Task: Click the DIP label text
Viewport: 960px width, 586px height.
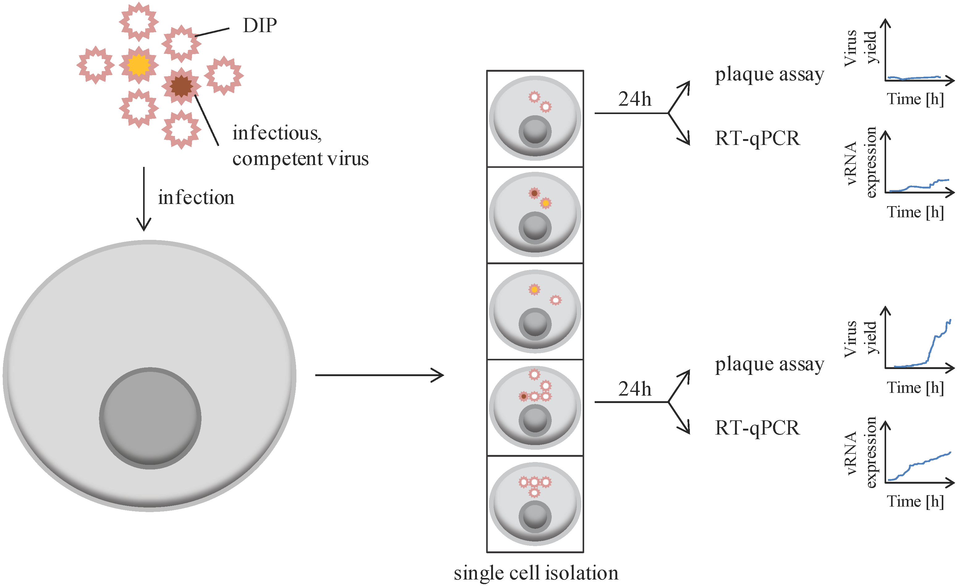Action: [260, 26]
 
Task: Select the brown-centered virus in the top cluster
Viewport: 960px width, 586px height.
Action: [181, 86]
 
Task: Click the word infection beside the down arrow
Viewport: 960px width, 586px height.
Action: [196, 197]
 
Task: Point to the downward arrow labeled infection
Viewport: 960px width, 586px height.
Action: [144, 199]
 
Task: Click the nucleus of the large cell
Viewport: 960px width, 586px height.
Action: [150, 418]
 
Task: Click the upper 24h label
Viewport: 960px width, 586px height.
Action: [634, 99]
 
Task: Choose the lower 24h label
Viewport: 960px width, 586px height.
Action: [634, 389]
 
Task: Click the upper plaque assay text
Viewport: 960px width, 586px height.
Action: [770, 74]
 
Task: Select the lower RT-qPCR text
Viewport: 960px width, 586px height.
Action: [757, 428]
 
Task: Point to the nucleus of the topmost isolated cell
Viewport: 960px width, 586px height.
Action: [535, 131]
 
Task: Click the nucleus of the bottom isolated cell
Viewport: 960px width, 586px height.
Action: [535, 517]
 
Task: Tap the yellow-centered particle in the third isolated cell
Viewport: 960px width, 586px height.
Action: [534, 289]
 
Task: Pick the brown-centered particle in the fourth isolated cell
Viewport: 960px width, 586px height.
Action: [524, 396]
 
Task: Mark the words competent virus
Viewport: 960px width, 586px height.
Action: [300, 159]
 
